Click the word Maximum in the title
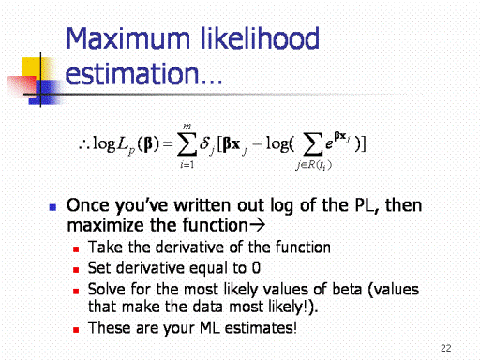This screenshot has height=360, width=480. click(128, 38)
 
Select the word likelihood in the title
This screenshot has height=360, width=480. click(260, 38)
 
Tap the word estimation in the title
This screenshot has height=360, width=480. click(132, 73)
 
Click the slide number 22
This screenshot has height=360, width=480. click(446, 348)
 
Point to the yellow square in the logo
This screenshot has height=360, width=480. click(31, 68)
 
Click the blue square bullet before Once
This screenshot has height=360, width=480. click(52, 207)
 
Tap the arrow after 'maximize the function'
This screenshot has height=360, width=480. click(257, 225)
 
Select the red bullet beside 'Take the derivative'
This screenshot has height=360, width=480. click(76, 249)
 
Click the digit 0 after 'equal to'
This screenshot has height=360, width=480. click(256, 268)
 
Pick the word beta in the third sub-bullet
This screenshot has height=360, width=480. click(347, 289)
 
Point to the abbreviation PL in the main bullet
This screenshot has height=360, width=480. click(367, 206)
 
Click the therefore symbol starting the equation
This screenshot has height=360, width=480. click(83, 144)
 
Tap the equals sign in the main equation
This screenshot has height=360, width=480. click(168, 143)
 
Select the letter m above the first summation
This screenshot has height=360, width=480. click(187, 127)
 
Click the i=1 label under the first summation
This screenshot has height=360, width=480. click(187, 164)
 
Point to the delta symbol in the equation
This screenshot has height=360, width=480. click(204, 142)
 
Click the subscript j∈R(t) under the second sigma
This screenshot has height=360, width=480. click(313, 165)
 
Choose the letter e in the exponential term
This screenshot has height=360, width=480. click(329, 144)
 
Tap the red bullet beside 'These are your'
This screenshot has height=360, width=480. click(76, 330)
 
